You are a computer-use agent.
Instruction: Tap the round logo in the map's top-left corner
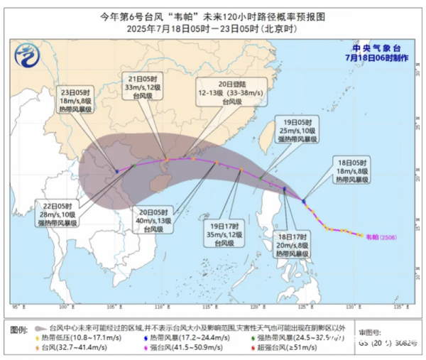(x=26, y=54)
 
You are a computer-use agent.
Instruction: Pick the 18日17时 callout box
(x=293, y=244)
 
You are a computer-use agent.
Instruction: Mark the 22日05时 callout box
(x=59, y=213)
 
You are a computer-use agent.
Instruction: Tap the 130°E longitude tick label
(x=351, y=307)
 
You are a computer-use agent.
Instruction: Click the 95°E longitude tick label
(x=16, y=307)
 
